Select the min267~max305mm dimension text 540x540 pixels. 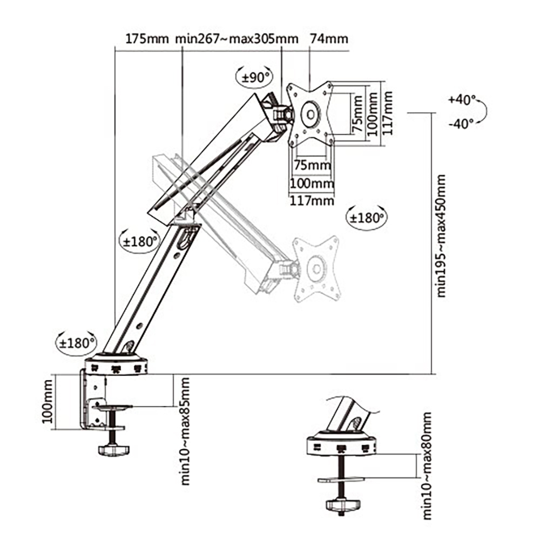tap(237, 39)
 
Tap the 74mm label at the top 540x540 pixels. tap(328, 39)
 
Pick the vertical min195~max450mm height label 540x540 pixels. tap(442, 235)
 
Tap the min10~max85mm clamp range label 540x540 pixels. tap(185, 431)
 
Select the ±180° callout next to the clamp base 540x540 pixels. tap(77, 342)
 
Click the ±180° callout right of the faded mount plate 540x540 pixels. tap(367, 218)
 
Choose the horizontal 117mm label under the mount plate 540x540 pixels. tap(312, 201)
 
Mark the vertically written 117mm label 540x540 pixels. tap(387, 113)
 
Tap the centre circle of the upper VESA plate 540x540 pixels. tap(310, 114)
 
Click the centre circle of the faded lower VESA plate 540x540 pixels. tap(316, 268)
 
